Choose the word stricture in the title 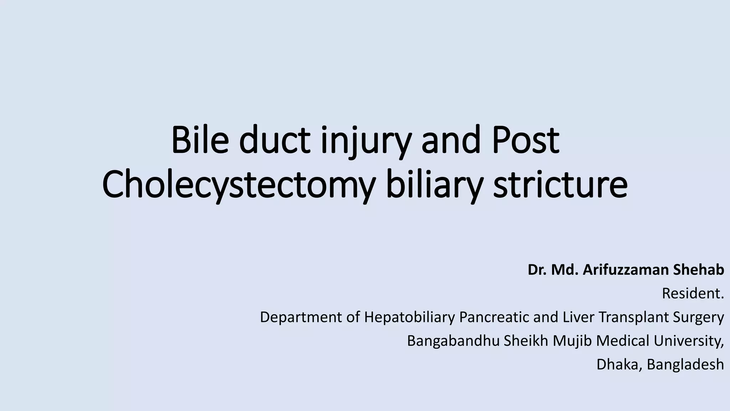(560, 186)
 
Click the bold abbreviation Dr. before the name (538, 270)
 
